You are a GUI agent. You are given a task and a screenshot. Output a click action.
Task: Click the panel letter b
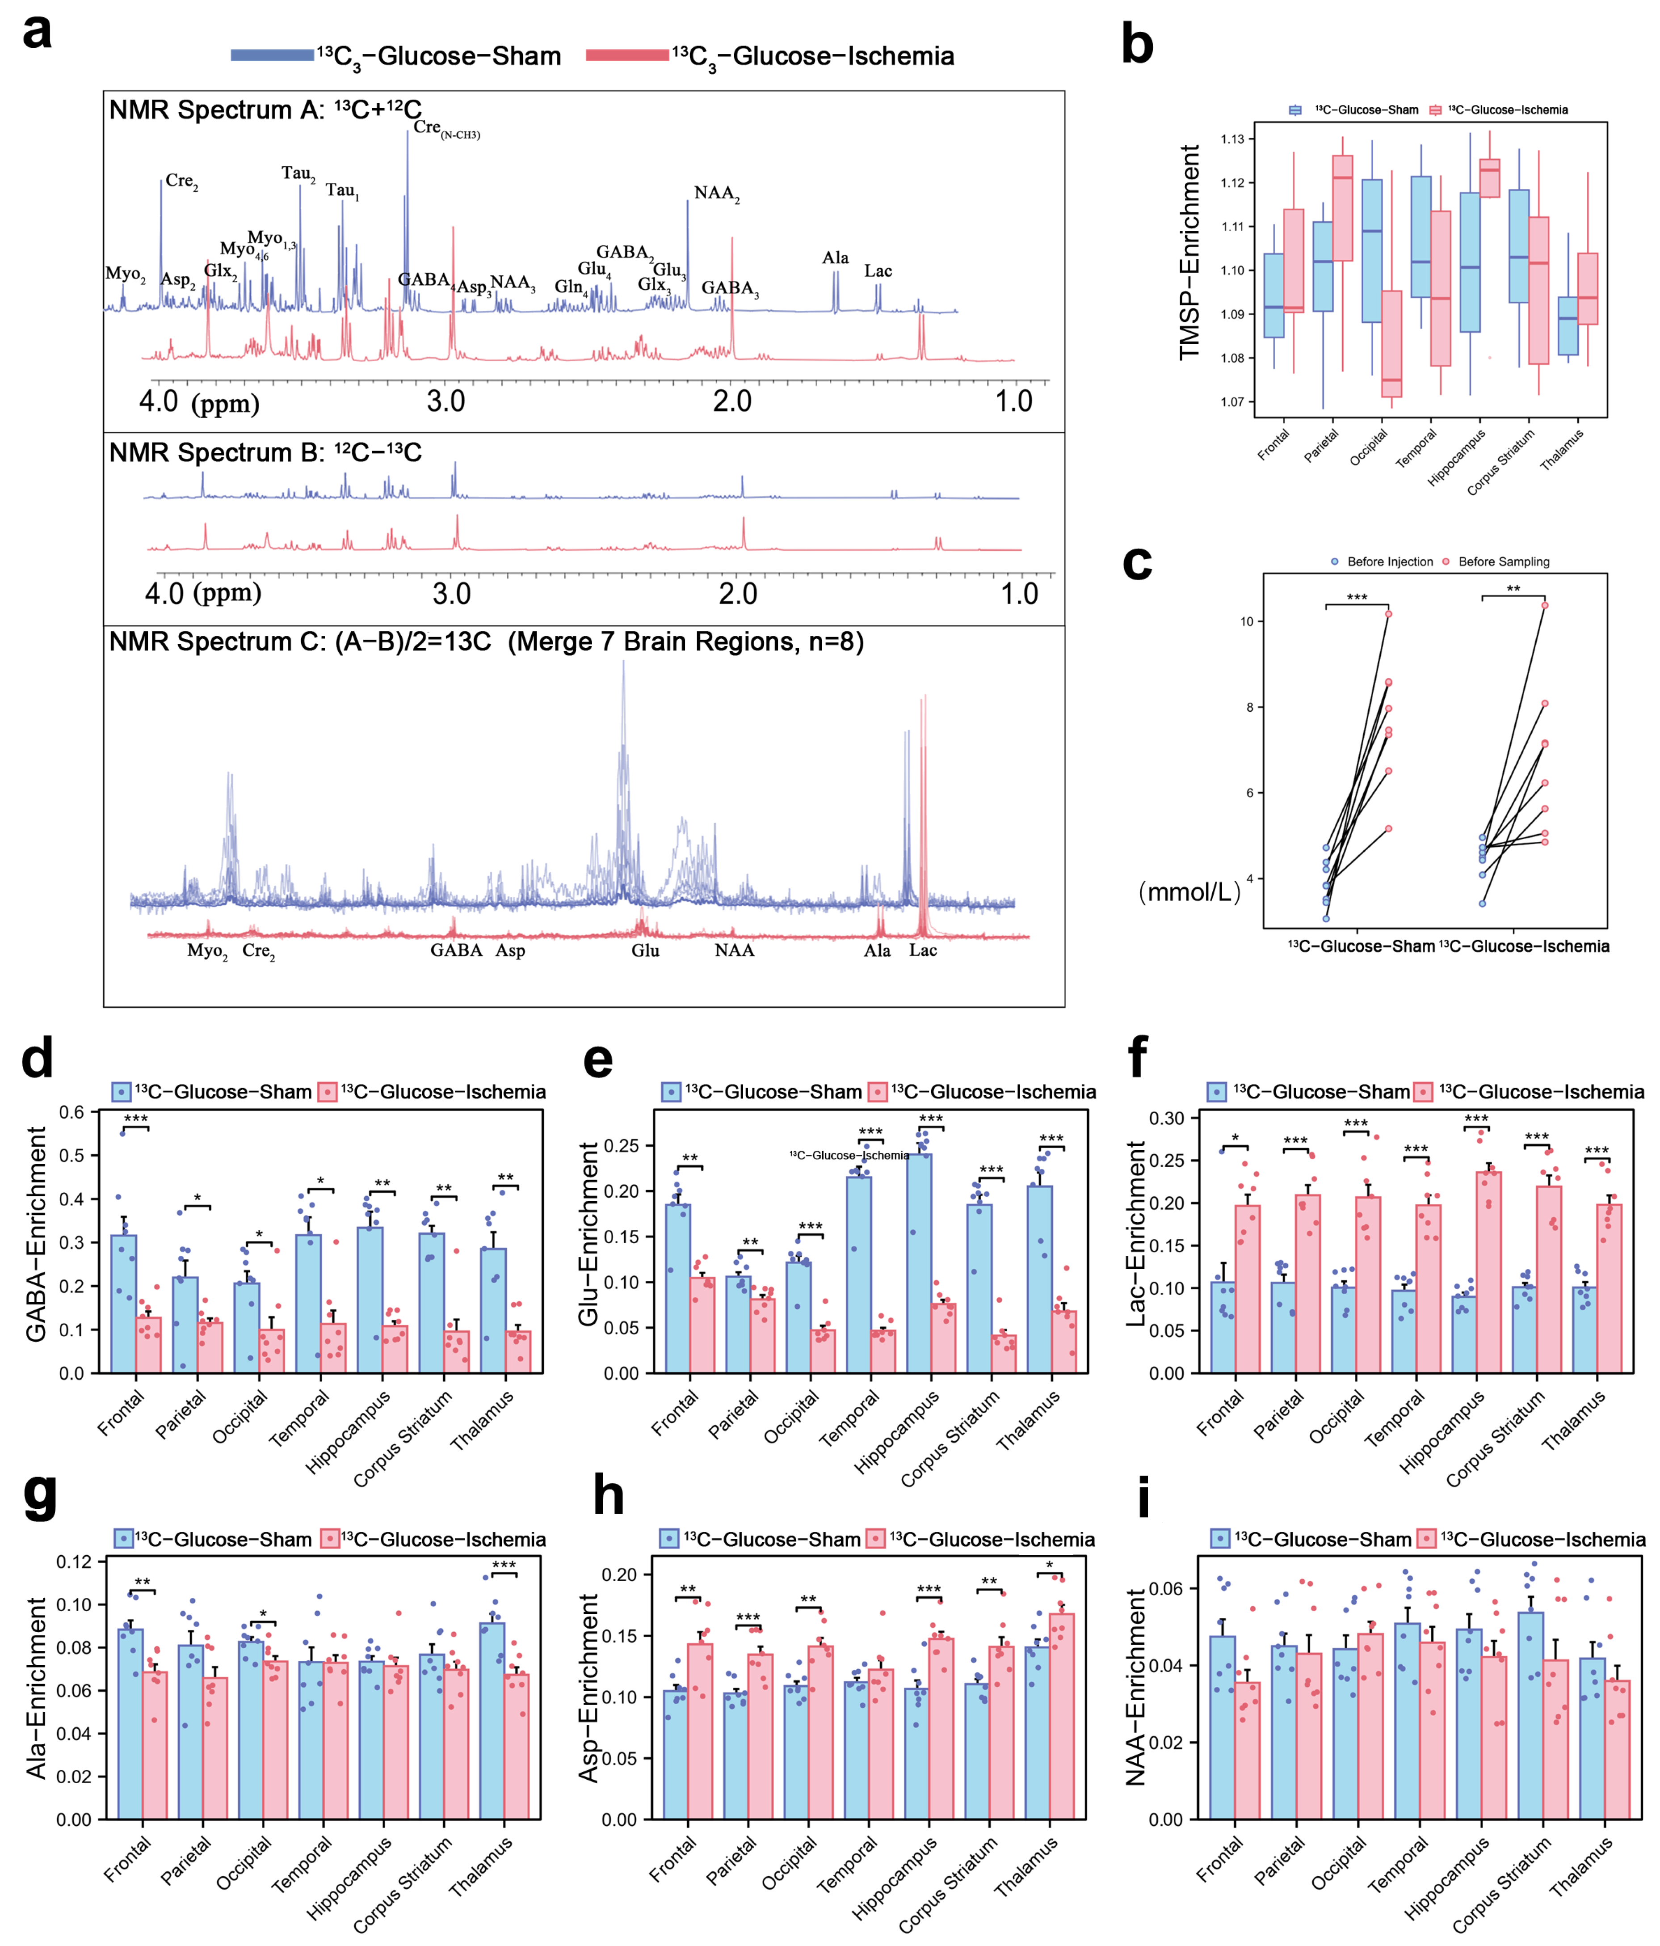click(1137, 45)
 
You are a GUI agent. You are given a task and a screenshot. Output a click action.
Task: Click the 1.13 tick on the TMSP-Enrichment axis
click(1232, 139)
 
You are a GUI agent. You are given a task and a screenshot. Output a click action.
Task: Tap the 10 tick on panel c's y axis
click(1247, 622)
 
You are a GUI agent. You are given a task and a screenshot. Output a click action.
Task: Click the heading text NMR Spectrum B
click(265, 453)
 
